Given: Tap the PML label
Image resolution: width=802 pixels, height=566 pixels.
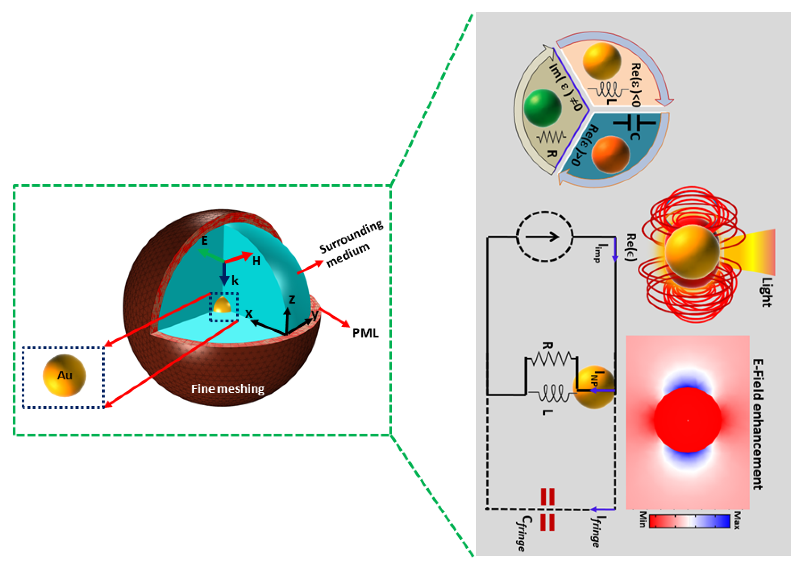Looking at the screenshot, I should coord(365,333).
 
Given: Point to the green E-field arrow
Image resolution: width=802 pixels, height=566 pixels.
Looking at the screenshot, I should coord(211,255).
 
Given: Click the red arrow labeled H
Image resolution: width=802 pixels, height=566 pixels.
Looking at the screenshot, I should coord(239,258).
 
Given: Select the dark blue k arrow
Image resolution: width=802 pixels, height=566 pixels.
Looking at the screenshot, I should coord(224,274).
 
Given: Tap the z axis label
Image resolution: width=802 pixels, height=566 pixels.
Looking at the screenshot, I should coord(292,299).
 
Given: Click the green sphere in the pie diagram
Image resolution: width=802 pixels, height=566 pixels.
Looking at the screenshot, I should coord(542,107).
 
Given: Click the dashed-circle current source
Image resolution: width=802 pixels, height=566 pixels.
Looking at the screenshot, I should coord(544,237).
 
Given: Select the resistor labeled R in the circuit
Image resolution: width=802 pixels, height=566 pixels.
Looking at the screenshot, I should coord(551,359).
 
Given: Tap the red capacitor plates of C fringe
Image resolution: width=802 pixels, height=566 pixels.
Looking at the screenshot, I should coord(547,510).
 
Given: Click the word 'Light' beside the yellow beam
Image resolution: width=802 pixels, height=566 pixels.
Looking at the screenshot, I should coord(766,292).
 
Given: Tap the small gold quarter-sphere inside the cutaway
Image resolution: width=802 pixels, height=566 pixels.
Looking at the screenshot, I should coord(222,306).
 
